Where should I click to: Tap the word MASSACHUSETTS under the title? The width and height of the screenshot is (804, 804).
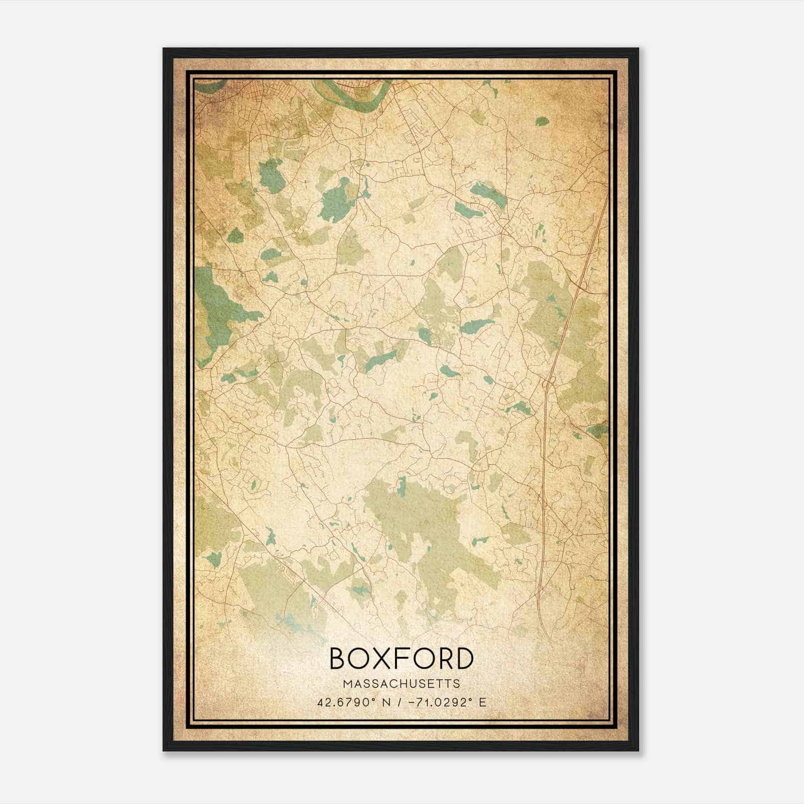click(401, 684)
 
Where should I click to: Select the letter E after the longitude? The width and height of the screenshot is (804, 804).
click(482, 702)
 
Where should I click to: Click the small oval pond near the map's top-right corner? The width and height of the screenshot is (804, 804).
click(542, 121)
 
